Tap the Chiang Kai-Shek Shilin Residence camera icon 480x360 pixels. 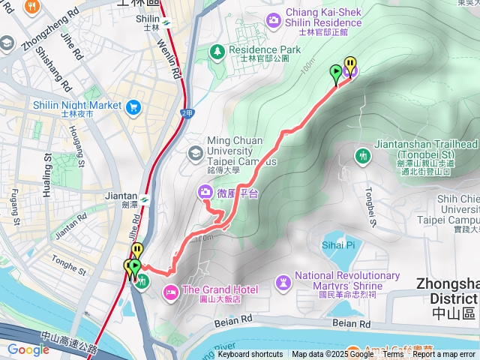pyautogui.click(x=274, y=18)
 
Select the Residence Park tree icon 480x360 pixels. pyautogui.click(x=217, y=51)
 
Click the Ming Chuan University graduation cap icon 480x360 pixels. pyautogui.click(x=195, y=153)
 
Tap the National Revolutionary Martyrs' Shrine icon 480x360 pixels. pyautogui.click(x=283, y=282)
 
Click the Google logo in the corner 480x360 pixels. pyautogui.click(x=28, y=349)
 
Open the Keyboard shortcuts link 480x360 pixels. pyautogui.click(x=250, y=355)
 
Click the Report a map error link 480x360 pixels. pyautogui.click(x=444, y=355)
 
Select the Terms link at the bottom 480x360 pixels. pyautogui.click(x=393, y=355)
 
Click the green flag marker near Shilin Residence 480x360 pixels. pyautogui.click(x=335, y=71)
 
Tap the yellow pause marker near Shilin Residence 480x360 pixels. pyautogui.click(x=349, y=64)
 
